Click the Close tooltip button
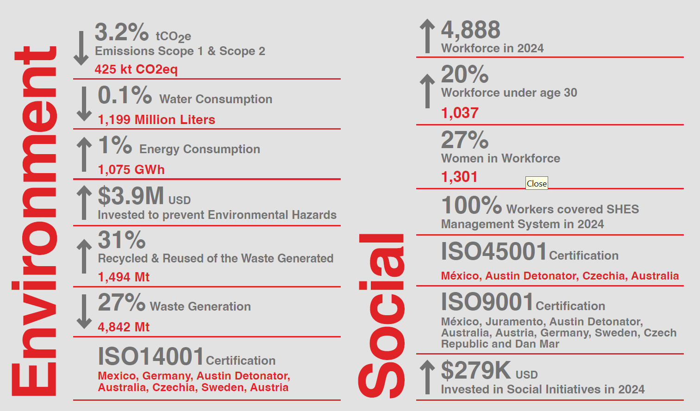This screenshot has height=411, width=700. pyautogui.click(x=537, y=183)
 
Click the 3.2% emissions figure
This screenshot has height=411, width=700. pyautogui.click(x=122, y=32)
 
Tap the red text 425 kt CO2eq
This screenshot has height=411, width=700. pyautogui.click(x=136, y=69)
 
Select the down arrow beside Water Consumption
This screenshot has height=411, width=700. pyautogui.click(x=84, y=104)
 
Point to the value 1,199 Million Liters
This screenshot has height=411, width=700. pyautogui.click(x=156, y=119)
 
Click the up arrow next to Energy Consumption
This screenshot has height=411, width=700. pyautogui.click(x=84, y=154)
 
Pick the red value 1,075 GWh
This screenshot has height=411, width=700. pyautogui.click(x=131, y=169)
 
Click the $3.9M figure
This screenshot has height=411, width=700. pyautogui.click(x=131, y=196)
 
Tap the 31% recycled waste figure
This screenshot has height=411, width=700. pyautogui.click(x=122, y=240)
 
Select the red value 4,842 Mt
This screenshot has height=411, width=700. pyautogui.click(x=124, y=327)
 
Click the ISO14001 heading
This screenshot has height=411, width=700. pyautogui.click(x=151, y=356)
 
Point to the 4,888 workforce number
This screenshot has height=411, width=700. pyautogui.click(x=471, y=30)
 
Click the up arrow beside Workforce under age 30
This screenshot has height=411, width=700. pyautogui.click(x=427, y=91)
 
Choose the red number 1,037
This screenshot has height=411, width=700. pyautogui.click(x=460, y=113)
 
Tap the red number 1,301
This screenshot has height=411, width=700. pyautogui.click(x=459, y=177)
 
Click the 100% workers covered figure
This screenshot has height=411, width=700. pyautogui.click(x=472, y=205)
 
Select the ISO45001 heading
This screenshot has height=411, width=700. pyautogui.click(x=494, y=251)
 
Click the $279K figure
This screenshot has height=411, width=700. pyautogui.click(x=476, y=370)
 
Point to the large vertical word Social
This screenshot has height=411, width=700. pyautogui.click(x=381, y=316)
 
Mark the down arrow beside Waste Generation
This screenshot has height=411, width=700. pyautogui.click(x=84, y=311)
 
